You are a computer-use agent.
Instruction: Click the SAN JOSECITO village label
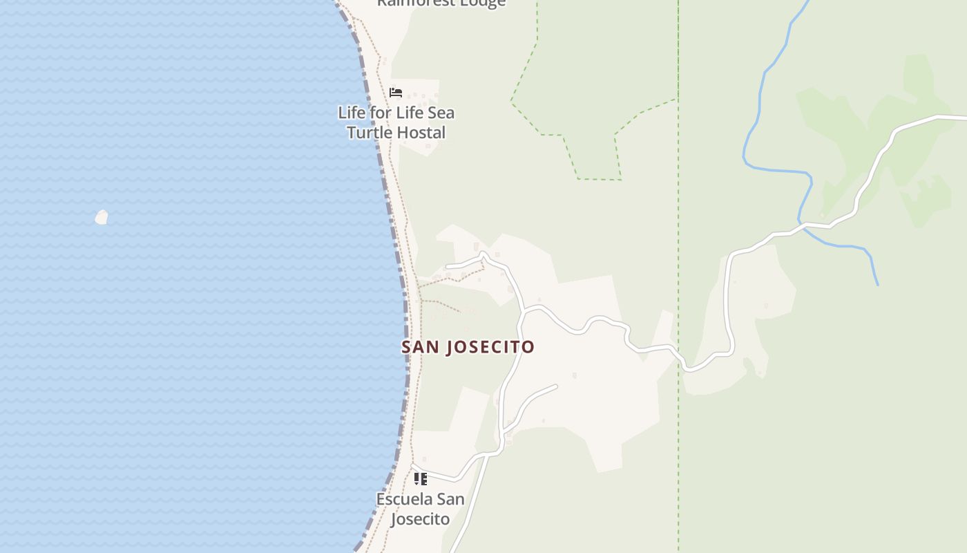click(468, 347)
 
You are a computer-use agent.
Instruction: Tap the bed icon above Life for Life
click(396, 93)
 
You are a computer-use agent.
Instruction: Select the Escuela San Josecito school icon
click(420, 478)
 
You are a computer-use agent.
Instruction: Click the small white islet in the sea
click(102, 218)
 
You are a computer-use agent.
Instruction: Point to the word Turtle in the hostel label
click(368, 133)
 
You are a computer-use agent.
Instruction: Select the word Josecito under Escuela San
click(420, 519)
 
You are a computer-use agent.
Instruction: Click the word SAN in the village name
click(420, 347)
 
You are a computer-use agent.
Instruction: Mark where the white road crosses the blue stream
click(803, 225)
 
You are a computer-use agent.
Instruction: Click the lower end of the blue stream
click(877, 283)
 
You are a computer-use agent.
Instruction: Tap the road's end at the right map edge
click(964, 118)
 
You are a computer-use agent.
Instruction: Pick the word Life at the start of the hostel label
click(350, 113)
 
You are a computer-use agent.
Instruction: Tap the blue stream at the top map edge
click(807, 3)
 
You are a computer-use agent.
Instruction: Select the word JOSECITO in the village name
click(490, 347)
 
